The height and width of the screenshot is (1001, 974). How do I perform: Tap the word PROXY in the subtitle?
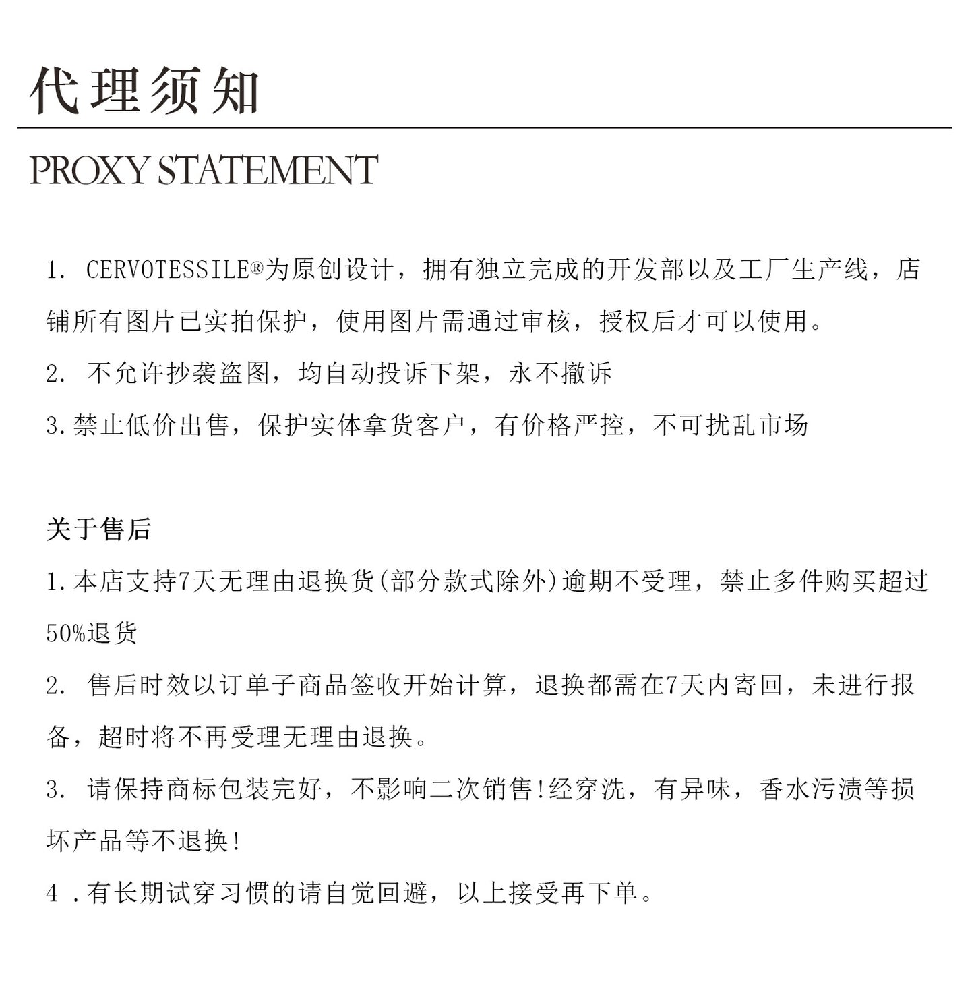click(x=88, y=170)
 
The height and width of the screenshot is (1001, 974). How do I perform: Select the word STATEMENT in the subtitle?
click(x=268, y=170)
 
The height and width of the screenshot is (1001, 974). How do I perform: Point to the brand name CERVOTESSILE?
click(x=168, y=270)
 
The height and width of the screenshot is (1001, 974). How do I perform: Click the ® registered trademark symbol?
click(x=257, y=268)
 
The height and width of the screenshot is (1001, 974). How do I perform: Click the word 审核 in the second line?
click(x=547, y=322)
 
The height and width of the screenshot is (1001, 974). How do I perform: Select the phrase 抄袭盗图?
click(x=218, y=373)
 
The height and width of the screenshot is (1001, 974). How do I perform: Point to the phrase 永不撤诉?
click(x=561, y=373)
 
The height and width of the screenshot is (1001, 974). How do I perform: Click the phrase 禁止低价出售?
click(x=152, y=426)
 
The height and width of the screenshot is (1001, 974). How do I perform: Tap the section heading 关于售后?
click(x=98, y=529)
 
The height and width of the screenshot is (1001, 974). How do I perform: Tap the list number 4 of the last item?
click(x=53, y=894)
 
